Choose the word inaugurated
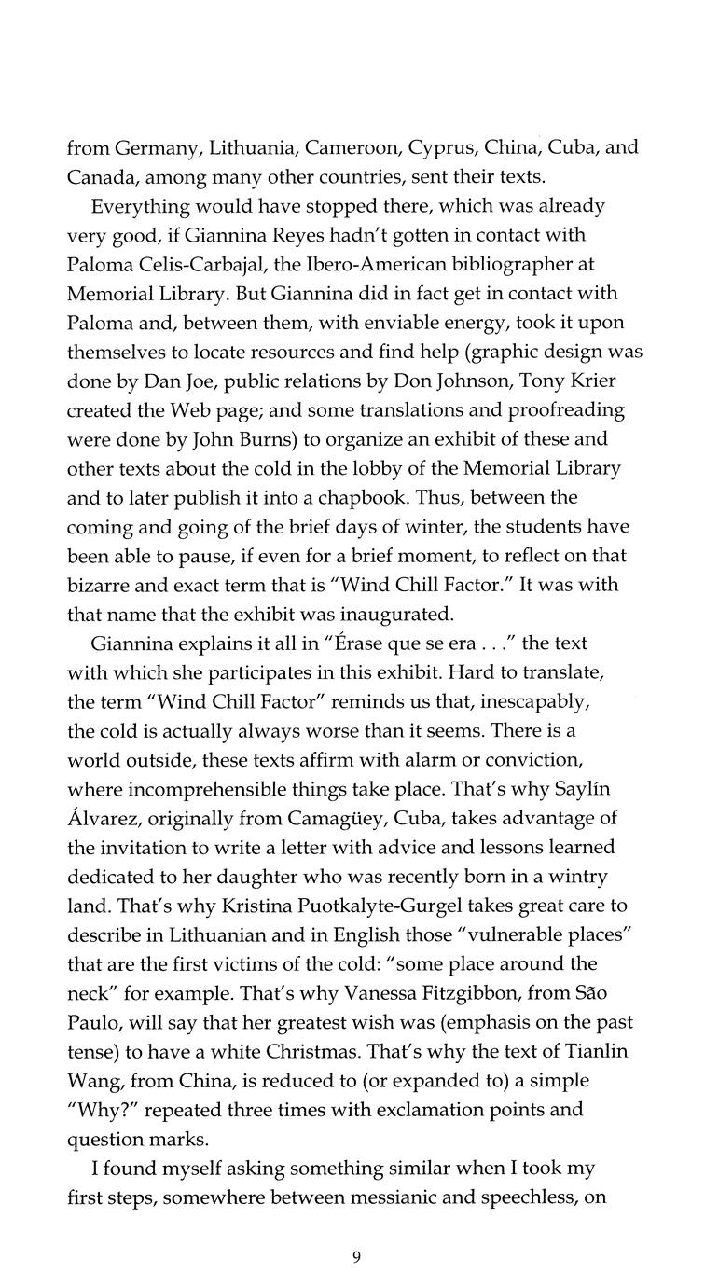coord(398,615)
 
